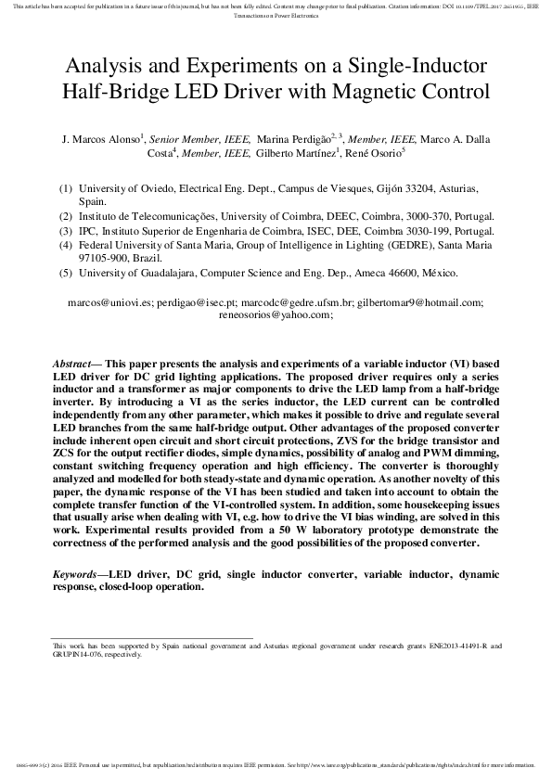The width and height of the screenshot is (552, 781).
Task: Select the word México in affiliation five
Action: pos(436,274)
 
